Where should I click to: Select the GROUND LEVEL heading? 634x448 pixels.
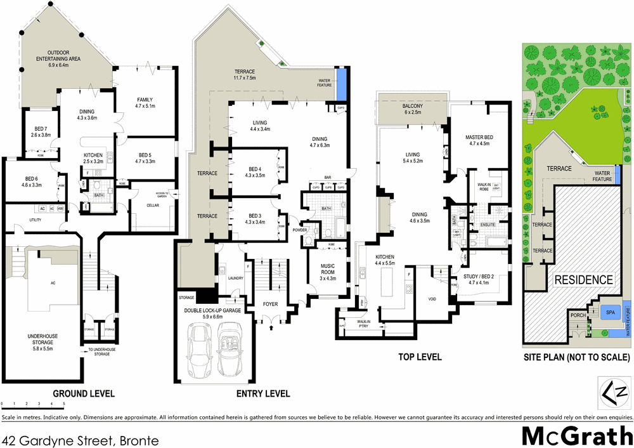(x=83, y=393)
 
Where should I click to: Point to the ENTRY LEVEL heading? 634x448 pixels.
(x=263, y=394)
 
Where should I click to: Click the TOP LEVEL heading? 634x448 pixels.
(x=420, y=357)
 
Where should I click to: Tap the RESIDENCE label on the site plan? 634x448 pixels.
(x=584, y=279)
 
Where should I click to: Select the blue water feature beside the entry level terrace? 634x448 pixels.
(x=342, y=84)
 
